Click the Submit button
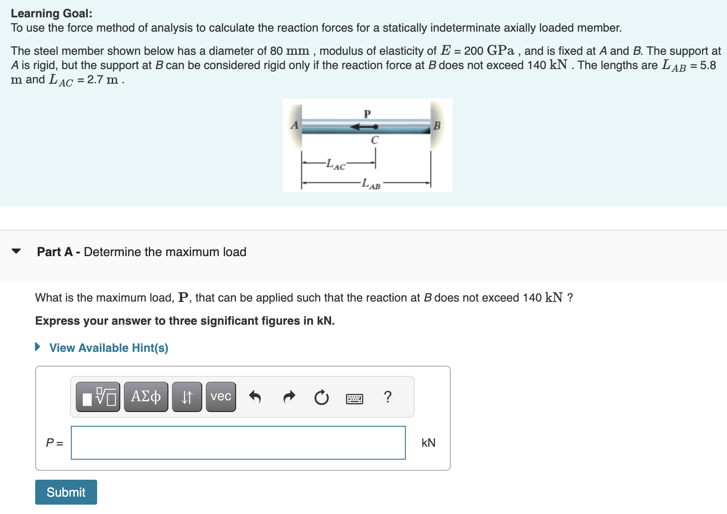(x=66, y=492)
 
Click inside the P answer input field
(x=238, y=443)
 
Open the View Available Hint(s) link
(x=108, y=348)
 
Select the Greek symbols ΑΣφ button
(x=146, y=396)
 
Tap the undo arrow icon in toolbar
(x=254, y=396)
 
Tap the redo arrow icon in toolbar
(x=289, y=396)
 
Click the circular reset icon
(x=321, y=397)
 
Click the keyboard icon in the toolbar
(x=354, y=398)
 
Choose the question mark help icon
(x=388, y=396)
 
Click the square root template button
(x=98, y=396)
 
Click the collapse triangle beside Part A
(x=16, y=251)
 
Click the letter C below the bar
(x=375, y=140)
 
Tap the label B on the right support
(x=437, y=126)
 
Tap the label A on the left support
(x=294, y=125)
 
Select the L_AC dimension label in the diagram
(x=335, y=164)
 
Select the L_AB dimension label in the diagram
(x=371, y=184)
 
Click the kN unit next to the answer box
(x=428, y=443)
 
